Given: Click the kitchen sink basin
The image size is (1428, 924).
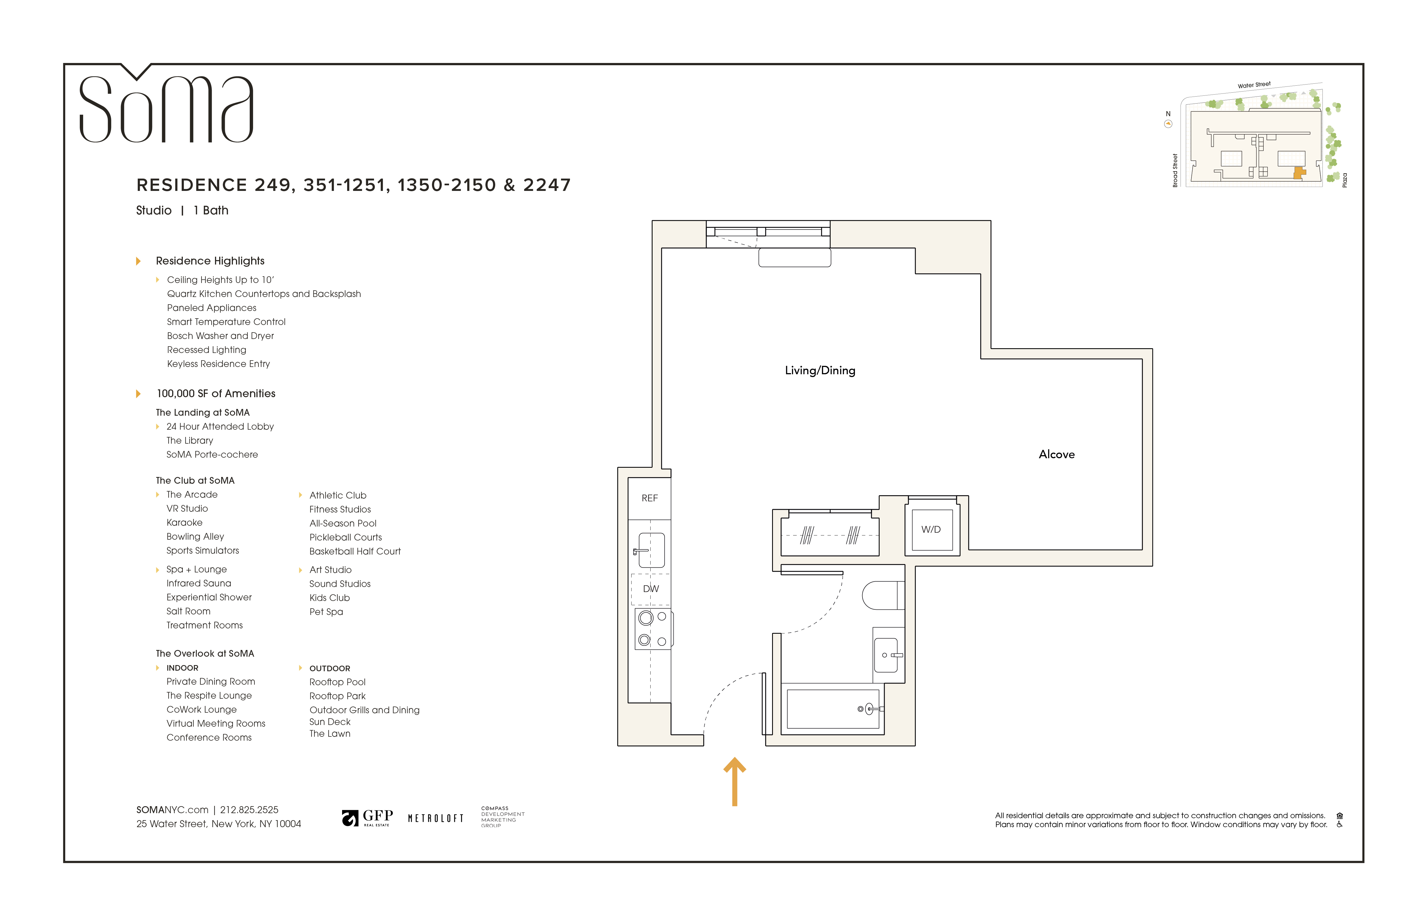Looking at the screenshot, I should [652, 550].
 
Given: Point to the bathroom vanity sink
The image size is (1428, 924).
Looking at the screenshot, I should [886, 655].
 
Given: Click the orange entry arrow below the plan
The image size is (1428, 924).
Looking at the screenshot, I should [734, 781].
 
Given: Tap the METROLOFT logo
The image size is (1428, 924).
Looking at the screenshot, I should [436, 818].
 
